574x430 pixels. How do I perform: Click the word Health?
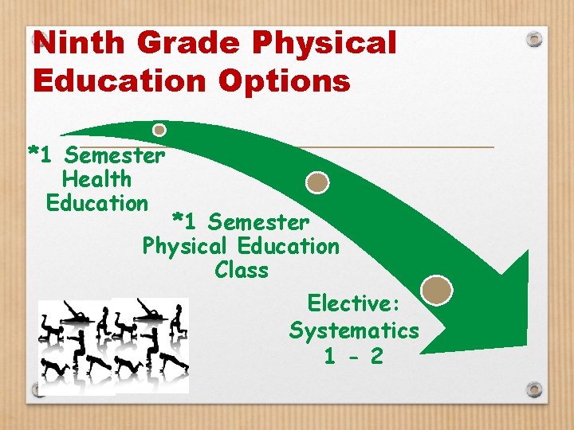coord(96,179)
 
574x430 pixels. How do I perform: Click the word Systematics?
coord(354,330)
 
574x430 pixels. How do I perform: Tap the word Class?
coord(242,271)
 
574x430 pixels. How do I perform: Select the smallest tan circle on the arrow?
coord(159,129)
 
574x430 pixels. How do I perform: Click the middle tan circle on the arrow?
coord(317,182)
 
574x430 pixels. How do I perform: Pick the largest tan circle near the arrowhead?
coord(437,290)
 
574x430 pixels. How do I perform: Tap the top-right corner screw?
coord(535,38)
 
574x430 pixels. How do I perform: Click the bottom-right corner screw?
coord(535,389)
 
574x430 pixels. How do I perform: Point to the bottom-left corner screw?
coord(38,389)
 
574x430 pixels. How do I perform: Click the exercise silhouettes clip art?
coord(114,344)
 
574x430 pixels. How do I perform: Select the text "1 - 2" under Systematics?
coord(353,356)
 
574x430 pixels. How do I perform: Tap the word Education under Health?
coord(97,203)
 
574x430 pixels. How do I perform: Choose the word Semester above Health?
coord(116,154)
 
